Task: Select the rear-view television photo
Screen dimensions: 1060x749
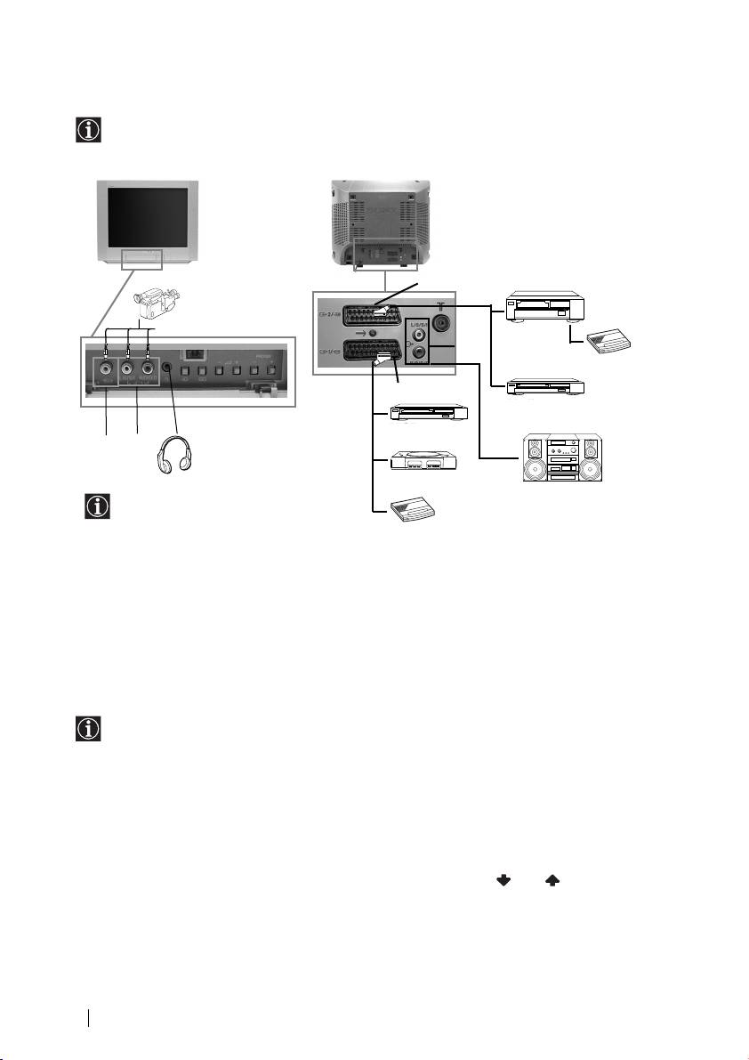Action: pyautogui.click(x=382, y=222)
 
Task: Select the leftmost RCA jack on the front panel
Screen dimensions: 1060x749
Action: pyautogui.click(x=107, y=367)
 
